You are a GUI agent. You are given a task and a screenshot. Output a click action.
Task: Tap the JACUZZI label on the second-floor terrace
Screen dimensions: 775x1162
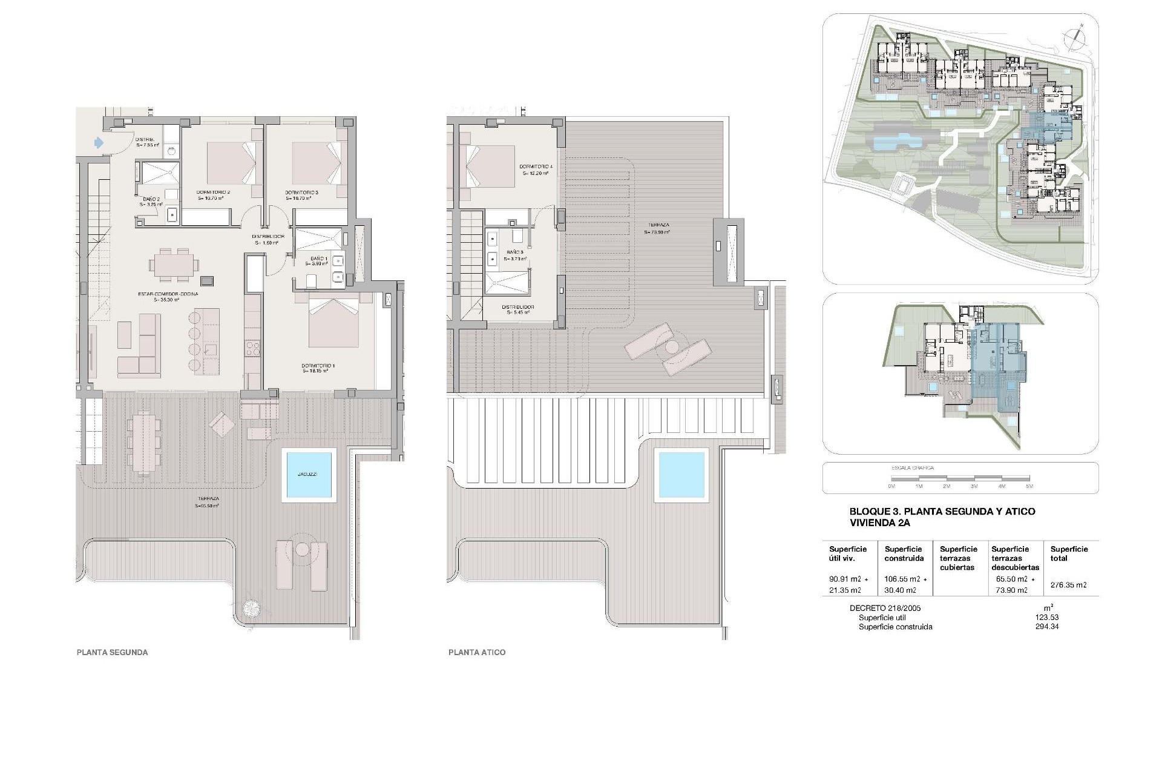coord(308,475)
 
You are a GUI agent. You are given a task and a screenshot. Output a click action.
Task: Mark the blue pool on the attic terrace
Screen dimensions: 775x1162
coord(682,475)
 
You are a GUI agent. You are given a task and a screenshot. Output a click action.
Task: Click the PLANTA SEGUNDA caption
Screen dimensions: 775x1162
coord(112,653)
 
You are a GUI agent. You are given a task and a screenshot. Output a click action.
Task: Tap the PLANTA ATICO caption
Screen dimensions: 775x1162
coord(477,653)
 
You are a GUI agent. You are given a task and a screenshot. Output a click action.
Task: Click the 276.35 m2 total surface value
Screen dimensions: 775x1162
coord(1069,585)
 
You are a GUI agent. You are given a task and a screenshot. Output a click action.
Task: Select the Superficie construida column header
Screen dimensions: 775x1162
coord(904,553)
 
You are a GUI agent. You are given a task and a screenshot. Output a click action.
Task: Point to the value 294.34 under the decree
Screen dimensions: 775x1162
coord(1047,627)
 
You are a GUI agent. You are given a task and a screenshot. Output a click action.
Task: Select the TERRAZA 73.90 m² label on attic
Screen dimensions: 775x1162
coord(657,228)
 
